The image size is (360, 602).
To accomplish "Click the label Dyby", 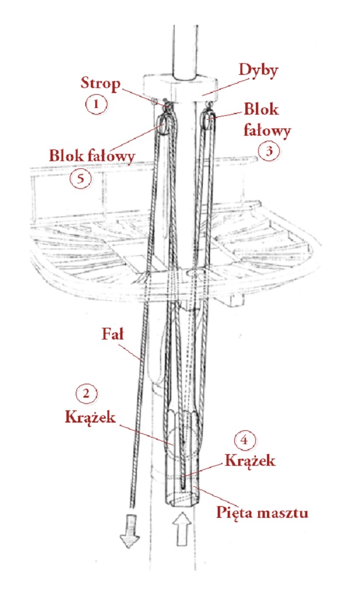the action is [258, 71].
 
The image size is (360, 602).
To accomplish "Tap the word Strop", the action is [100, 83].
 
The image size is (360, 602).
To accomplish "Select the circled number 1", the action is [96, 104].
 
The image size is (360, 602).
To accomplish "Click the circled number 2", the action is [86, 394].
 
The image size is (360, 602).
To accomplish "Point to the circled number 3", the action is [269, 151].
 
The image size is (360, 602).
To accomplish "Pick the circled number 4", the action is [244, 440].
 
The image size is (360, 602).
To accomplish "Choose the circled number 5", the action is [81, 178].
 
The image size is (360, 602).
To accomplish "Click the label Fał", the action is [113, 334].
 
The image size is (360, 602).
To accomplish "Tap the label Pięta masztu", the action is [262, 513].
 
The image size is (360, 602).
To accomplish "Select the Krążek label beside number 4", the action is [250, 460].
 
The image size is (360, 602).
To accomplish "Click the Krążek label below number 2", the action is [90, 416].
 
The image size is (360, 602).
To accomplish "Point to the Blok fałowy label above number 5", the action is [92, 156].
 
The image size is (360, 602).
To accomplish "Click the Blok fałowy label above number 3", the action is [267, 120].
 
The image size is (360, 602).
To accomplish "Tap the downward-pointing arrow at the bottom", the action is [130, 531].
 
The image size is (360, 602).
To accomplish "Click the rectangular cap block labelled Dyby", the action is [179, 88].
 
